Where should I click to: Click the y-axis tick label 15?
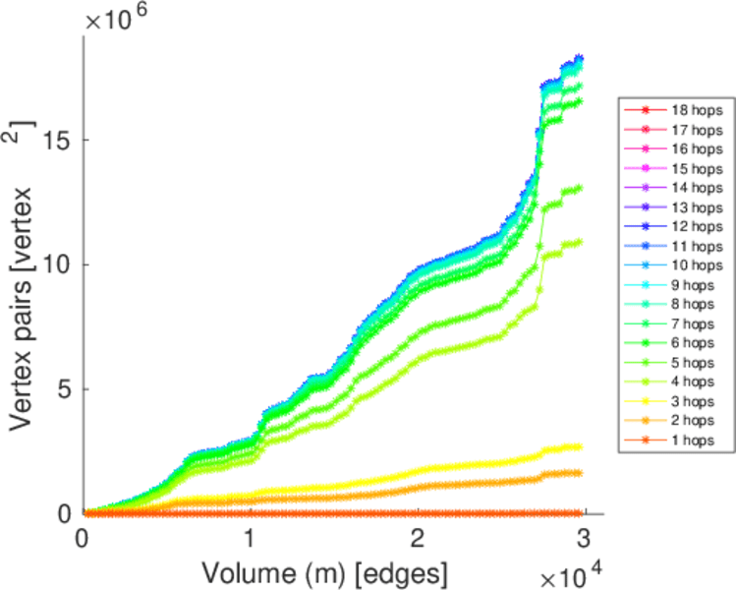[59, 140]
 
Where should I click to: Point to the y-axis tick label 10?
[59, 265]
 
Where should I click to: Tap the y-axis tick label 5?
[65, 389]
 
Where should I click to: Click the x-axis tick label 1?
[251, 539]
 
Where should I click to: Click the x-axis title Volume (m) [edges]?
[326, 571]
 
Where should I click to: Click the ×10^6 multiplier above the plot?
[117, 20]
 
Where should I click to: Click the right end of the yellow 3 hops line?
[580, 447]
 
